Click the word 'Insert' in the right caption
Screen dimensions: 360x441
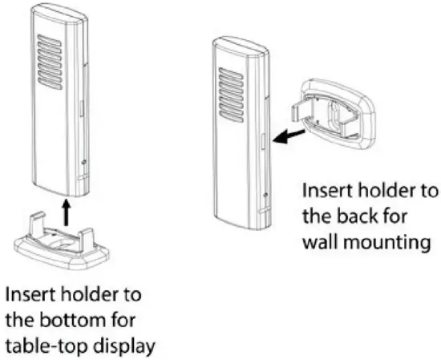click(x=324, y=192)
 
